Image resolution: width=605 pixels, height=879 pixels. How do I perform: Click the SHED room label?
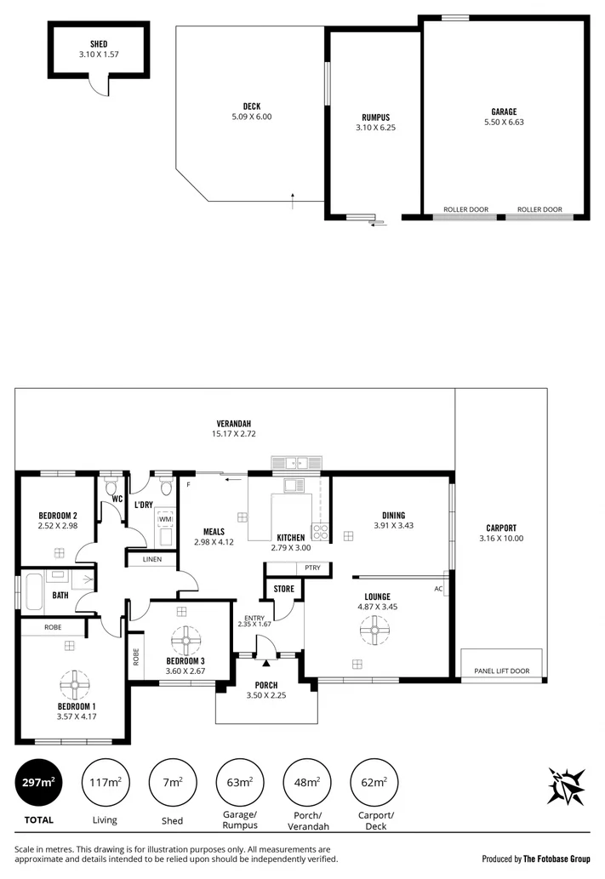98,43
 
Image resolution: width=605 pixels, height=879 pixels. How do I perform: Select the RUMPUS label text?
375,117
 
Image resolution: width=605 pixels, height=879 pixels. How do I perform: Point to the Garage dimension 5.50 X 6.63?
503,122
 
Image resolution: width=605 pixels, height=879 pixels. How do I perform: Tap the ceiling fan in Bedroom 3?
184,639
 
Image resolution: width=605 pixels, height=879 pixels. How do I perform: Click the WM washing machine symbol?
165,519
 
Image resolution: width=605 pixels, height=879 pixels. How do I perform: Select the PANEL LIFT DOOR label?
501,671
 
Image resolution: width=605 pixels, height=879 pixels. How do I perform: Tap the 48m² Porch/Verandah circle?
306,781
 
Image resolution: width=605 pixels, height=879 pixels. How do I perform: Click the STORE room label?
283,588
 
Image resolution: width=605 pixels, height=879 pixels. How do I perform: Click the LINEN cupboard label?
151,559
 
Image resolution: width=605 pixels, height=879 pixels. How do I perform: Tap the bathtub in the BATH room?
34,594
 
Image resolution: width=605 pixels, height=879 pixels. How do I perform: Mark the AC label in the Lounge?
438,588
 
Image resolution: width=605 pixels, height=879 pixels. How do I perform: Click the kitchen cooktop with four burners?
321,532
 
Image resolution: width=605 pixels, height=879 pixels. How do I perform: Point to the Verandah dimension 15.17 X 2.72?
233,434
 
